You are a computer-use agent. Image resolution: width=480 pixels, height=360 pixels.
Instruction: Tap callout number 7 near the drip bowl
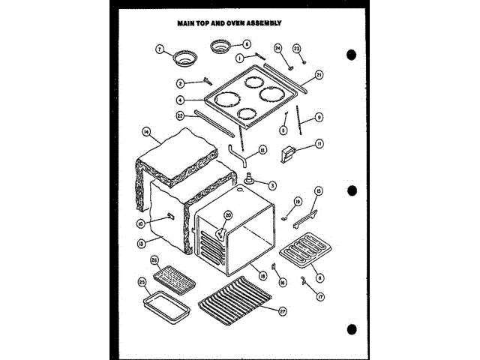pos(159,49)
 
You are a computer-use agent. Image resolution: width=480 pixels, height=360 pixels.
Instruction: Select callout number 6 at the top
pos(247,43)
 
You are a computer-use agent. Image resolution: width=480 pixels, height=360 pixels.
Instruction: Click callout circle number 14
pos(145,132)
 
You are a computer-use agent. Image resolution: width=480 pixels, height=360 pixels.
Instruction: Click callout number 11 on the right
pos(319,145)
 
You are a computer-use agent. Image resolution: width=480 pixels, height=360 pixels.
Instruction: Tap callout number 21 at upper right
pos(319,75)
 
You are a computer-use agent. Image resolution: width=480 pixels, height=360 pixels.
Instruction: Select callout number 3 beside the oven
pos(271,185)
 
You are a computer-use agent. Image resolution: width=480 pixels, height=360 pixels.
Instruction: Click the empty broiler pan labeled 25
pos(164,307)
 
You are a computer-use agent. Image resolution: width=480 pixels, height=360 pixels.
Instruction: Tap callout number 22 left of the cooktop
pos(180,116)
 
